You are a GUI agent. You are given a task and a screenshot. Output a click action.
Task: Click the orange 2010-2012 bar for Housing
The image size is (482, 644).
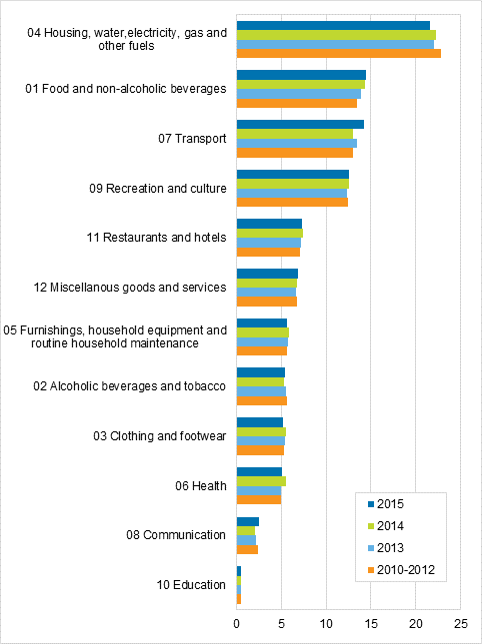tap(338, 54)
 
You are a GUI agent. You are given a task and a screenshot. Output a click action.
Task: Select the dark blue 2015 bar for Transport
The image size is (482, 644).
tap(300, 124)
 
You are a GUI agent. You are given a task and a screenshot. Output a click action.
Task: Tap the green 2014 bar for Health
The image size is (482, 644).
tap(261, 481)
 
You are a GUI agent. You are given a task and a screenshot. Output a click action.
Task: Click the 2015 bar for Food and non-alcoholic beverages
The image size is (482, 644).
tap(301, 75)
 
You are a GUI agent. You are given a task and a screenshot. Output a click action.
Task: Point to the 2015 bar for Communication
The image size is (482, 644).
tap(248, 521)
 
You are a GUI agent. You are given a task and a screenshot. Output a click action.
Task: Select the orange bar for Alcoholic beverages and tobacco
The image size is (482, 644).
tap(261, 401)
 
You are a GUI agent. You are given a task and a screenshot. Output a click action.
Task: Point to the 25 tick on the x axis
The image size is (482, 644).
tap(460, 624)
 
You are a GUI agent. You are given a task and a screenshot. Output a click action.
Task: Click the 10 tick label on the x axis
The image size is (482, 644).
tap(326, 624)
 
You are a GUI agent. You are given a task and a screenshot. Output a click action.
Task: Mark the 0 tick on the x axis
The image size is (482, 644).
tap(237, 624)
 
